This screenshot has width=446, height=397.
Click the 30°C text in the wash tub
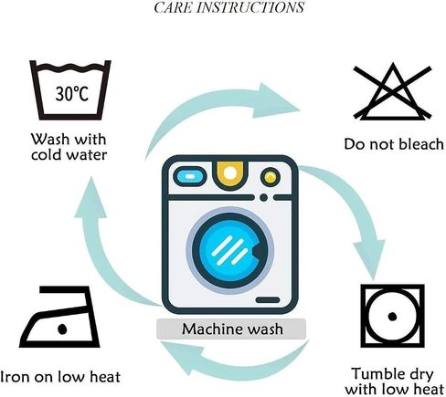[72, 93]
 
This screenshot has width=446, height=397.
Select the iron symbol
[59, 317]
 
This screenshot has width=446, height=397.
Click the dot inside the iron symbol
[62, 329]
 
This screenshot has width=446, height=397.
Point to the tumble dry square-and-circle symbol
[392, 316]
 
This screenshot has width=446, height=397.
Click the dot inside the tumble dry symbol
[392, 317]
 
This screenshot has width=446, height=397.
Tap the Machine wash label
[232, 329]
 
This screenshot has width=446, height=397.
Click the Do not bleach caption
[394, 144]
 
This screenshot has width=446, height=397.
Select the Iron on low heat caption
[60, 377]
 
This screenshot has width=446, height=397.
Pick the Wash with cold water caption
[69, 147]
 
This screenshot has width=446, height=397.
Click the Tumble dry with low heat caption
[394, 381]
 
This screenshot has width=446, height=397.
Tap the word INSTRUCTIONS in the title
[250, 7]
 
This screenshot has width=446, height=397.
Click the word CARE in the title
[174, 7]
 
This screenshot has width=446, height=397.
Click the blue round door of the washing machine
[230, 250]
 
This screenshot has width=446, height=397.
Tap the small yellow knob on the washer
[270, 177]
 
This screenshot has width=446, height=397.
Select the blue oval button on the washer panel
[190, 176]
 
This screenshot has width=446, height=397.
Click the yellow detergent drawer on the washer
[230, 173]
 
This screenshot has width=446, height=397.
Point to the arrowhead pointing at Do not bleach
[276, 100]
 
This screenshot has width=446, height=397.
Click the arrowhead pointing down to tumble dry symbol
[369, 258]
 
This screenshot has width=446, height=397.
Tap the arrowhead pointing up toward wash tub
[90, 198]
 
